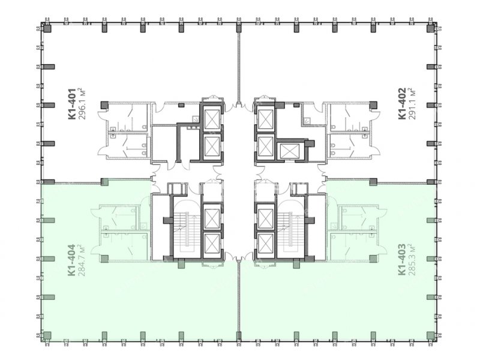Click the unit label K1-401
[72, 104]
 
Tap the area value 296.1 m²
[82, 104]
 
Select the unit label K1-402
[402, 103]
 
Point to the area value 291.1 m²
[411, 103]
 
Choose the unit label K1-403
[402, 259]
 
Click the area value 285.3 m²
[411, 259]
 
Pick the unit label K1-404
[72, 260]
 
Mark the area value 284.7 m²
[82, 260]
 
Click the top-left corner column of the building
[47, 28]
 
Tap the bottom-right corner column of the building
[431, 335]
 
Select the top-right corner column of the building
[431, 28]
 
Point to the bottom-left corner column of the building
[47, 335]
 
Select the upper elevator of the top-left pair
[212, 119]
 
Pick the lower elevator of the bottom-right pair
[265, 243]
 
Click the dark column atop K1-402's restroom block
[373, 105]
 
